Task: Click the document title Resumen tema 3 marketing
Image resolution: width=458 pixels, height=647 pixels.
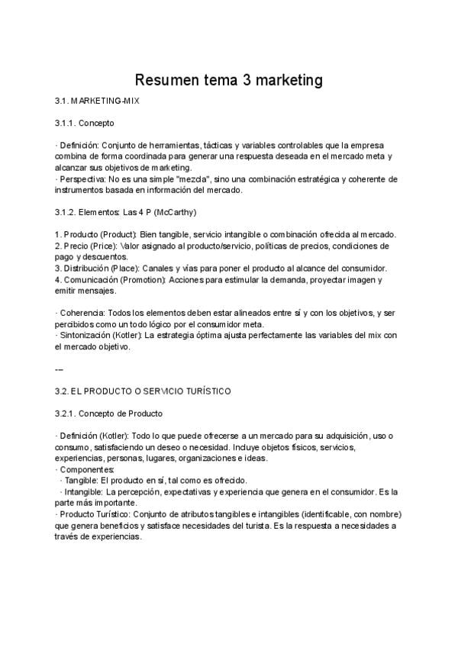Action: coord(229,80)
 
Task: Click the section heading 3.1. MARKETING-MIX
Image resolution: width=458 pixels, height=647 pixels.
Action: coord(97,101)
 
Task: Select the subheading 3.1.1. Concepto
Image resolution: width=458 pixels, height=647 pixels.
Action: coord(85,123)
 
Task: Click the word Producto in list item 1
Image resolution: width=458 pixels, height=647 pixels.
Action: coord(80,233)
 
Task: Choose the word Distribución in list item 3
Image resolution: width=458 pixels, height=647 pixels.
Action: coord(88,268)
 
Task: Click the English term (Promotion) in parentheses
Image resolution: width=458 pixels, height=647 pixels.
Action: coord(142,279)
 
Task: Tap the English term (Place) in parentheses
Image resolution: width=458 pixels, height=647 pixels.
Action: coord(125,268)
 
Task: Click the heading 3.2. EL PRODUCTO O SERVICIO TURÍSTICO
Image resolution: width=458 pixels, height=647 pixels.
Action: coord(143,391)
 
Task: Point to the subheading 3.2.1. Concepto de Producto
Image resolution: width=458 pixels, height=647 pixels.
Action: coord(109,414)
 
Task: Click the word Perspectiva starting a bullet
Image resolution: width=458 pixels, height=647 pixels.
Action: coord(81,179)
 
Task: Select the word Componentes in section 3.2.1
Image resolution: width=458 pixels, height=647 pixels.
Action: coord(86,469)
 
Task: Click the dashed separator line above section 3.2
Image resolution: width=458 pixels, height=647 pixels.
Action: coord(60,369)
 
